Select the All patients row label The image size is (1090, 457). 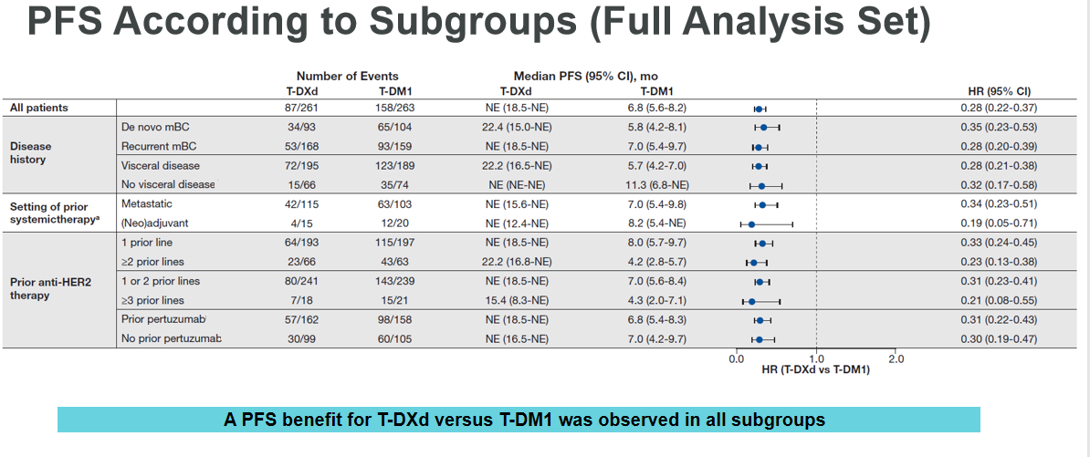point(39,108)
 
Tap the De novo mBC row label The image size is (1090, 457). point(154,127)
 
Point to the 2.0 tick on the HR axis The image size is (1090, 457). point(896,358)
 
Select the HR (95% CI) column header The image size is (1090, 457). point(999,91)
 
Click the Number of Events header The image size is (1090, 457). point(347,77)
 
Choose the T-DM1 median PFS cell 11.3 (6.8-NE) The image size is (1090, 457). point(658,184)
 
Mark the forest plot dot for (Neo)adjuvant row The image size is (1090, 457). point(751,223)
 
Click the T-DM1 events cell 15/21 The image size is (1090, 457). point(393,300)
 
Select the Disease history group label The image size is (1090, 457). point(31,152)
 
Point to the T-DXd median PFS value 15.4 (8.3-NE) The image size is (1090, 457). point(517,300)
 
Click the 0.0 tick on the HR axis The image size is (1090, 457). point(736,358)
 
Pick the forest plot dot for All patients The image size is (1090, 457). point(759,109)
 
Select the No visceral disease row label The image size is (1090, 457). point(169,184)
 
